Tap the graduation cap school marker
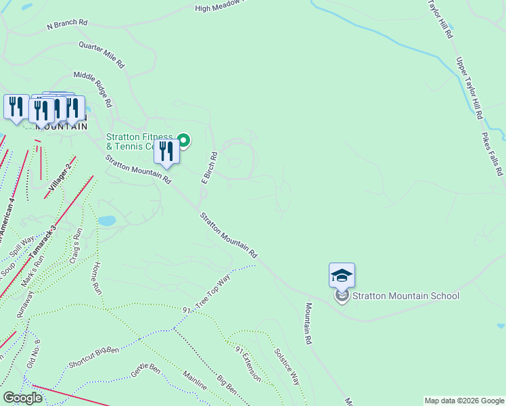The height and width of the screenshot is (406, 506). [x=342, y=275]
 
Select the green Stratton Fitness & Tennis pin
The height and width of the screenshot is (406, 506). [x=183, y=141]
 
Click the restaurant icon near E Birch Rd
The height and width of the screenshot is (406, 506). [x=166, y=152]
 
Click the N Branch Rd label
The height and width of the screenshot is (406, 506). [x=68, y=24]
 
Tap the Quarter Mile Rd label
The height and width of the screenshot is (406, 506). [x=101, y=55]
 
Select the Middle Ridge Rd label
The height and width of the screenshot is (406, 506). [x=93, y=89]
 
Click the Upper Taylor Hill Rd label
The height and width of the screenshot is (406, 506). [x=469, y=89]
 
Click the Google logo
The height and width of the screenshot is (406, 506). [x=22, y=398]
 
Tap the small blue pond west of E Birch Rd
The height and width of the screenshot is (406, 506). [x=107, y=221]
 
